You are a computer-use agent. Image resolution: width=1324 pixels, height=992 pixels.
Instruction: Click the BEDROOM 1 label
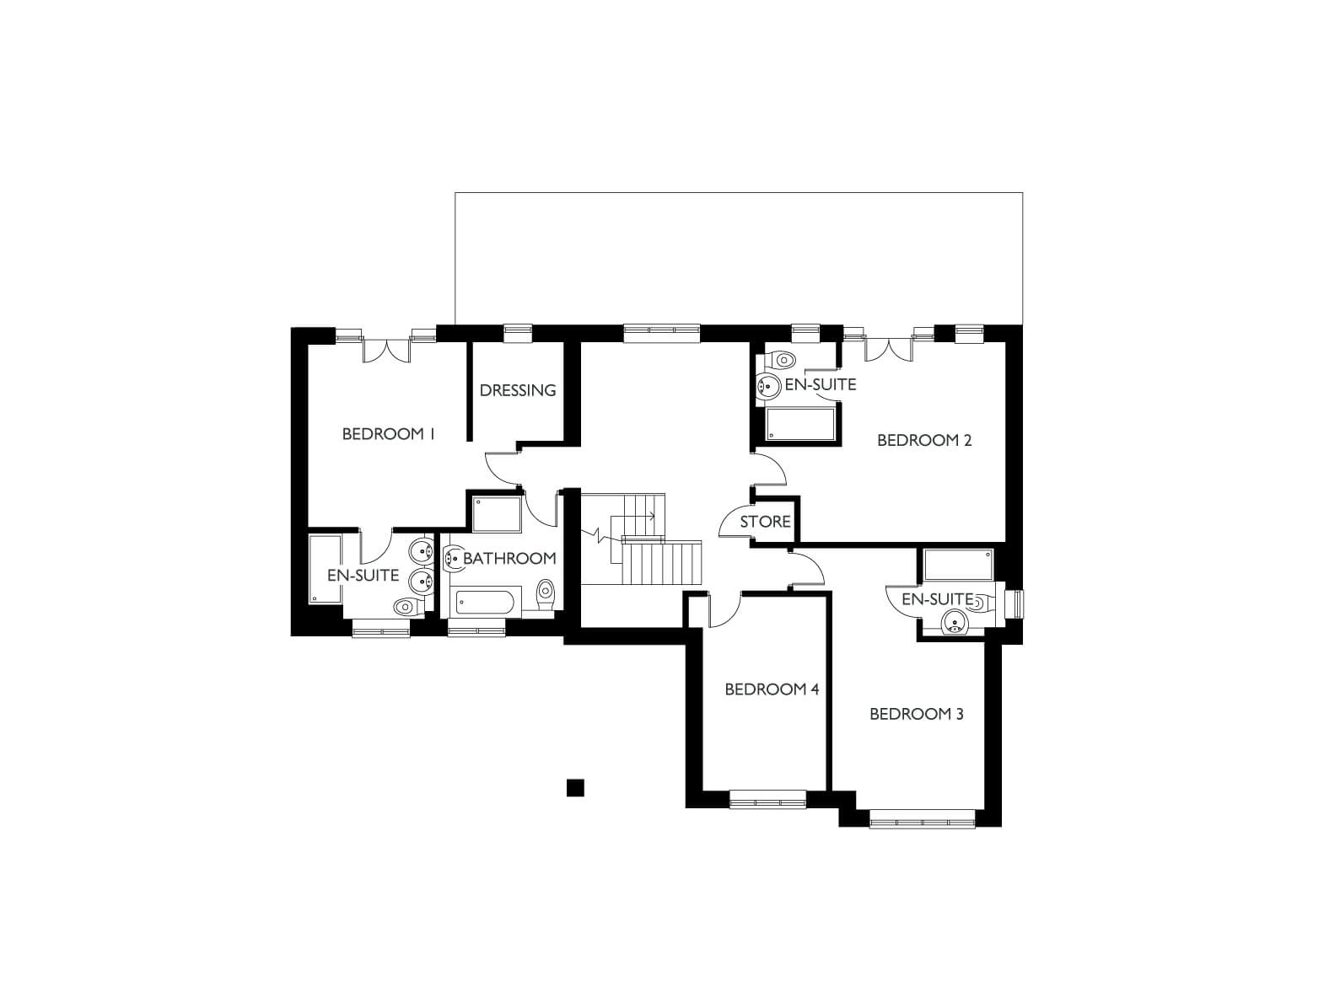coord(388,434)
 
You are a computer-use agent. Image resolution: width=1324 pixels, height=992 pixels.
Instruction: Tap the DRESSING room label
coord(518,390)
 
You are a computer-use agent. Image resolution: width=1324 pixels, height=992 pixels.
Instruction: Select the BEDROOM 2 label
coord(924,441)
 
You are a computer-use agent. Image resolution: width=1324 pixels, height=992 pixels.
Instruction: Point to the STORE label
coord(765,522)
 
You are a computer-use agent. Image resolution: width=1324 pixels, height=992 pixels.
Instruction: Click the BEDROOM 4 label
coord(772,689)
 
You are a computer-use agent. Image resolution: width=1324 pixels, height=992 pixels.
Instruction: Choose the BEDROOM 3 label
coord(916,714)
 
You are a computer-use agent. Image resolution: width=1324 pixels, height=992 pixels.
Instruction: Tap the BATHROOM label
coord(509,559)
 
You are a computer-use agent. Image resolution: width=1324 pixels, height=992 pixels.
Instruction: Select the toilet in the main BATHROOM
coord(546,595)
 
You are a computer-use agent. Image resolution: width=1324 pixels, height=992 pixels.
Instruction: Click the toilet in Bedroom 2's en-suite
coord(781,361)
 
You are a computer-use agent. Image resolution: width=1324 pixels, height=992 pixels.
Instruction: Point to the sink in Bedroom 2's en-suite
coord(769,385)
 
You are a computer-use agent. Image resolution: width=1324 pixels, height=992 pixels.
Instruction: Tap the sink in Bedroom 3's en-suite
coord(955,622)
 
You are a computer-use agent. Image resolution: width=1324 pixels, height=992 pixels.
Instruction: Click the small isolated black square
coord(575,788)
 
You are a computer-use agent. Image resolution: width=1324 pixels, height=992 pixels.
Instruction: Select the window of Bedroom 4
coord(767,799)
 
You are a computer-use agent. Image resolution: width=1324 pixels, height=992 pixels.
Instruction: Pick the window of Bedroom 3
coord(923,819)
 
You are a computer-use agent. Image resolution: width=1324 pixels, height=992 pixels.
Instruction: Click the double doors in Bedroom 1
coord(386,351)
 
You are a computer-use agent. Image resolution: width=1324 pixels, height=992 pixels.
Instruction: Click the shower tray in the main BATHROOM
coord(497,514)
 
